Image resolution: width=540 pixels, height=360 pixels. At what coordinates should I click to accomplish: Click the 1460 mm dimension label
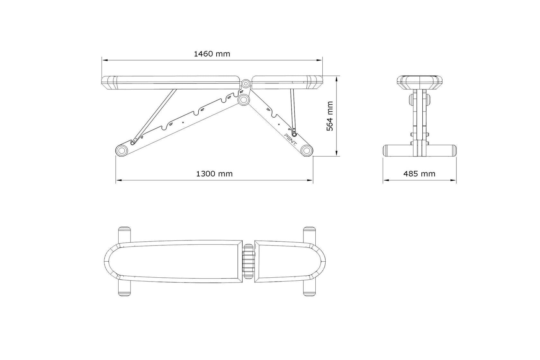pyautogui.click(x=212, y=54)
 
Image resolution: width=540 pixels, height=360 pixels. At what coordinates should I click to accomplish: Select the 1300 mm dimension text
pyautogui.click(x=214, y=174)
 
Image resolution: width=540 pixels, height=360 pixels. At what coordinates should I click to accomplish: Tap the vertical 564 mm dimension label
pyautogui.click(x=330, y=116)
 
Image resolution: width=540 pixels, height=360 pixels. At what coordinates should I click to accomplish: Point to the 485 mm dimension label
pyautogui.click(x=419, y=174)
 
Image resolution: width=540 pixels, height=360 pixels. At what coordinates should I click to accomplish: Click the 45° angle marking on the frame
pyautogui.click(x=202, y=110)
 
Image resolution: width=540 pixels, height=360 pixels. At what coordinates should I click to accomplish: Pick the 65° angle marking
pyautogui.click(x=229, y=97)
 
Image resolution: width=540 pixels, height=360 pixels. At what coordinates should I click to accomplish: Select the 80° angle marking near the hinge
pyautogui.click(x=241, y=92)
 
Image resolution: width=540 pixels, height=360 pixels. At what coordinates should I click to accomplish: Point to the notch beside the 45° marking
pyautogui.click(x=195, y=114)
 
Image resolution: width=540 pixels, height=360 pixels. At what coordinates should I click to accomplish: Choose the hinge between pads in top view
pyautogui.click(x=248, y=261)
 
